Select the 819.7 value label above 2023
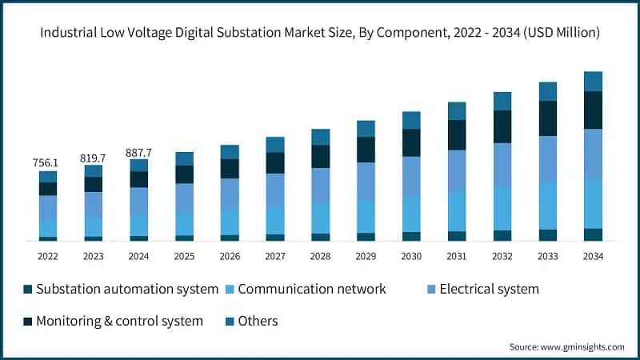94,158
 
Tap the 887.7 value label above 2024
139,152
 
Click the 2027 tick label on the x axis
275,256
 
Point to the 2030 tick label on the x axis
411,256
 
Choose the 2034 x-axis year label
593,256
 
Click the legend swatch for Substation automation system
29,289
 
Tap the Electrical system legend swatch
430,289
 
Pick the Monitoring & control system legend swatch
29,321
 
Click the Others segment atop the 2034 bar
593,81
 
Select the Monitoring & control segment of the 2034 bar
593,110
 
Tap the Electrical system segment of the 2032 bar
502,165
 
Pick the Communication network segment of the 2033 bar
548,206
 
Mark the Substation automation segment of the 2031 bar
457,236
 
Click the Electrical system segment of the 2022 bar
48,207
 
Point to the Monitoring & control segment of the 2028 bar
321,156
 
